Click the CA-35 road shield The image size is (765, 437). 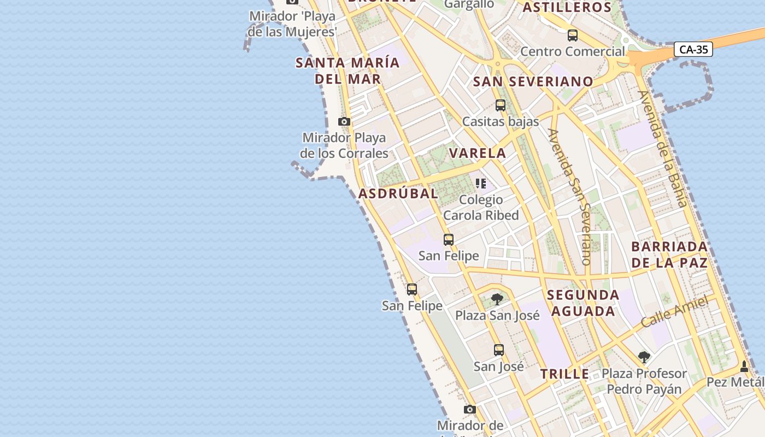[x=694, y=49]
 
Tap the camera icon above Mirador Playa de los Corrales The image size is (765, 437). [x=344, y=121]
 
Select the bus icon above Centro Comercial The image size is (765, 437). [x=572, y=36]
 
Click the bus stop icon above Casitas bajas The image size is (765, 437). [x=500, y=105]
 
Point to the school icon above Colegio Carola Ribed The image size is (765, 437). [x=480, y=184]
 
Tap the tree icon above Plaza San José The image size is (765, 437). [x=497, y=299]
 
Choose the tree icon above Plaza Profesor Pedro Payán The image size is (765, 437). [x=644, y=357]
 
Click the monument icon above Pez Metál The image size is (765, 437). [x=744, y=366]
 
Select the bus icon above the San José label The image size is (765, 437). [x=498, y=350]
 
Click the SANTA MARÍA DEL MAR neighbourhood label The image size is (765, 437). [x=348, y=70]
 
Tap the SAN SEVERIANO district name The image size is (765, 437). [x=533, y=82]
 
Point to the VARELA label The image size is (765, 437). [x=478, y=153]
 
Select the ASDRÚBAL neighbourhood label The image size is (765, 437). [x=398, y=193]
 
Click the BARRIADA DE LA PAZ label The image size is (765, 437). [x=669, y=255]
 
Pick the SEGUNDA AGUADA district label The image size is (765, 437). [x=583, y=303]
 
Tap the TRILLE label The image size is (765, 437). [x=564, y=374]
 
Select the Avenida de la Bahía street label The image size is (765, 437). [x=662, y=149]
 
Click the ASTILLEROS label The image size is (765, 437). [x=567, y=8]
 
